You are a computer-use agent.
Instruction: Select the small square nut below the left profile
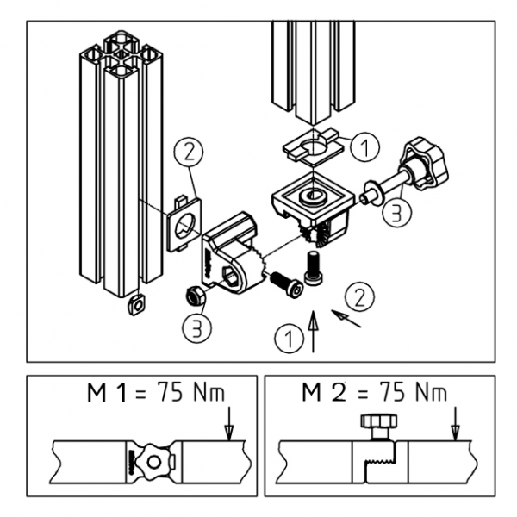pos(134,303)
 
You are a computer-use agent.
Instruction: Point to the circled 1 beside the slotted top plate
pos(365,147)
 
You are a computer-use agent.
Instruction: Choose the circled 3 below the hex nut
pos(196,328)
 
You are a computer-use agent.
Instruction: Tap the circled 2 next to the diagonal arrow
pos(360,298)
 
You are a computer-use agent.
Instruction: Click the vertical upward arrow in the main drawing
pos(312,332)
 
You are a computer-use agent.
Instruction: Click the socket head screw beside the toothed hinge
pos(285,285)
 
